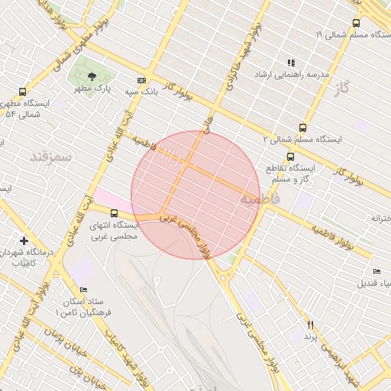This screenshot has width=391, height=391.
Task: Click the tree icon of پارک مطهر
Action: [92, 76]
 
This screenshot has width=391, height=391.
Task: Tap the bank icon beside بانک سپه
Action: [141, 80]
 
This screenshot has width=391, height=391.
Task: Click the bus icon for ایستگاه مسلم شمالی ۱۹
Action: [356, 23]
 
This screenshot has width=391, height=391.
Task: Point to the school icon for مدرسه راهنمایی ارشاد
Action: [290, 63]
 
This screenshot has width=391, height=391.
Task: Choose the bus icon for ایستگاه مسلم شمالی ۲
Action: [302, 128]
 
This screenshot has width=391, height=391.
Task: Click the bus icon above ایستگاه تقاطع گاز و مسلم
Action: [289, 156]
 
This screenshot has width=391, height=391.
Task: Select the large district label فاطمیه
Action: [260, 199]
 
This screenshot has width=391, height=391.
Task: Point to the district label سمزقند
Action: [50, 157]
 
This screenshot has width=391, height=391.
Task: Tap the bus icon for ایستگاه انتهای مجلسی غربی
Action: [114, 213]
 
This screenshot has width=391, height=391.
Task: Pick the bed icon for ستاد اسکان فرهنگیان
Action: [83, 290]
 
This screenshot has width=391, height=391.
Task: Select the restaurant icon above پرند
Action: [310, 325]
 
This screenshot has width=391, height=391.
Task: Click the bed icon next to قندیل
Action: [376, 271]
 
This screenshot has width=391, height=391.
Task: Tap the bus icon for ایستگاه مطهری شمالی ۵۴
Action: [22, 92]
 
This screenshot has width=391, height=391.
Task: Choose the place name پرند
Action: [310, 337]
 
